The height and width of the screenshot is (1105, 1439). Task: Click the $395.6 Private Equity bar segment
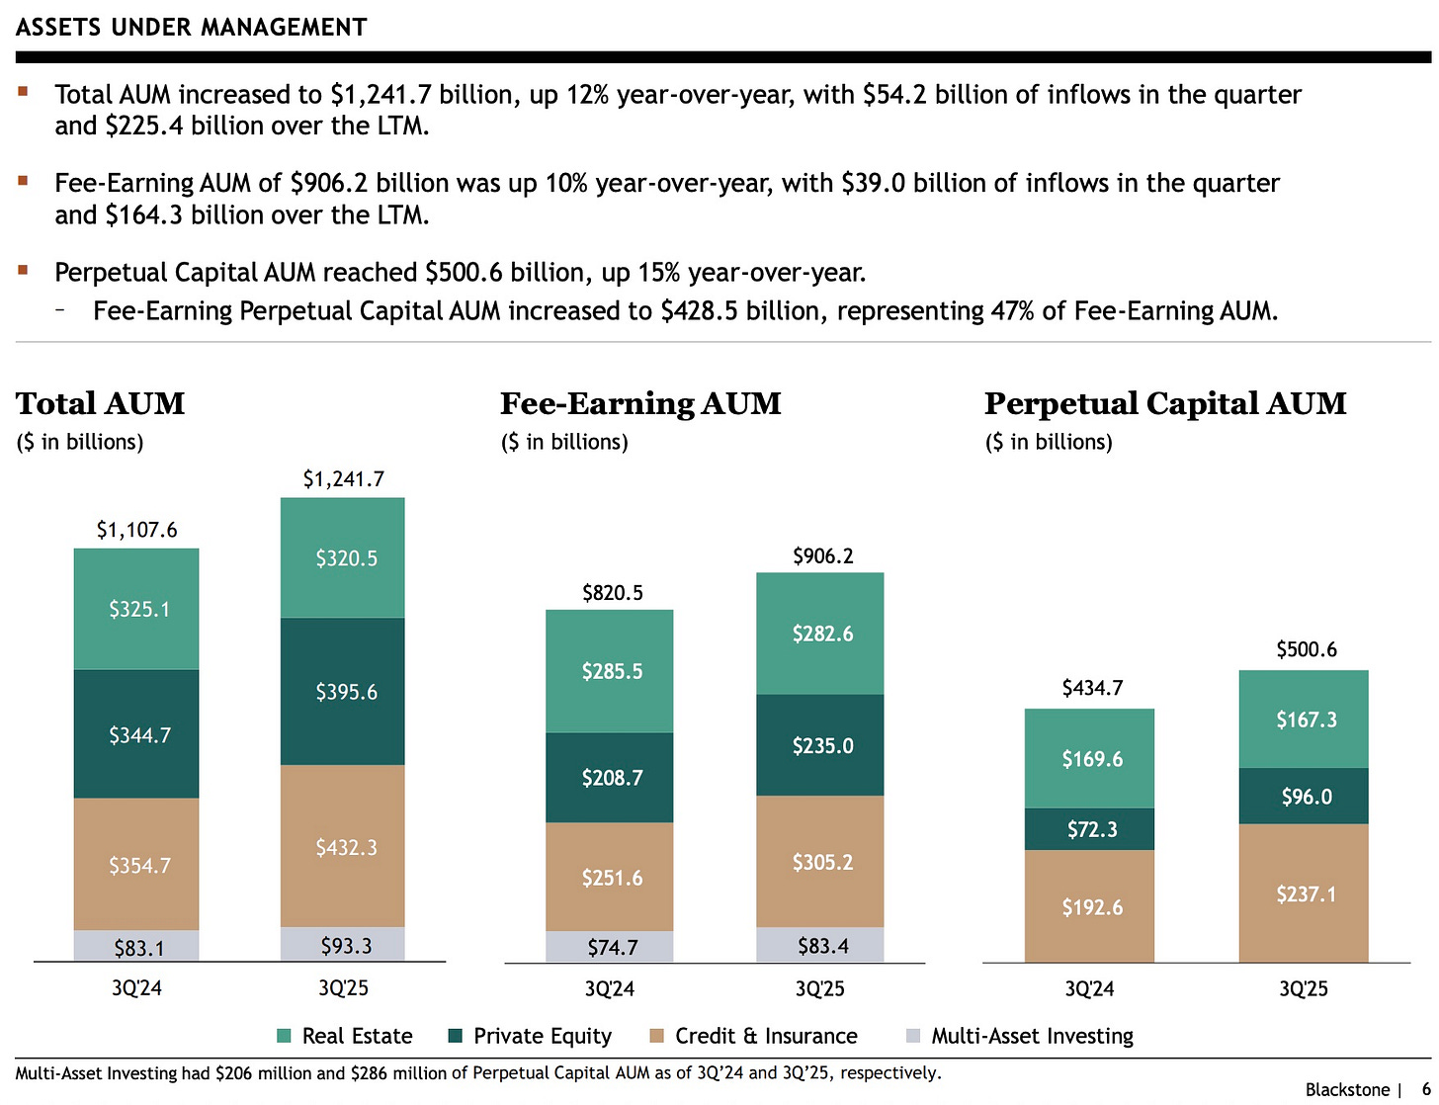coord(343,691)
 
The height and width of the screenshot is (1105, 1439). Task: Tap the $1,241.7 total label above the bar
coord(343,479)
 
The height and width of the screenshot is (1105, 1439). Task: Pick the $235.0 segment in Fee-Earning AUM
coord(820,745)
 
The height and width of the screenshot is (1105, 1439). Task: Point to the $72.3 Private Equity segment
coord(1090,829)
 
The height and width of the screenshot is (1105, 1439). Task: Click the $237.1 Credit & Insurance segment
coord(1305,893)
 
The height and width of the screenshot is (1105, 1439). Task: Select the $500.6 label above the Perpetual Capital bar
coord(1306,649)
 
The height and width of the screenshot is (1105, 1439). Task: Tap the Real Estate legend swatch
coord(285,1036)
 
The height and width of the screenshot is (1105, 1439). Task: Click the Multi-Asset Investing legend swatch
coord(913,1036)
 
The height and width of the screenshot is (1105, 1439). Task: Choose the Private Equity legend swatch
coord(456,1036)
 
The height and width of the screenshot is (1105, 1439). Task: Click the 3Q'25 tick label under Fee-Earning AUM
coord(819,988)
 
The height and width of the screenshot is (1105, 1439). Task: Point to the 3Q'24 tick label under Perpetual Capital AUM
coord(1089,988)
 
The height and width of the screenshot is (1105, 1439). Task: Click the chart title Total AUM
coord(101,403)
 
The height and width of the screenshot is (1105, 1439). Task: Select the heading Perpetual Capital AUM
coord(1165,403)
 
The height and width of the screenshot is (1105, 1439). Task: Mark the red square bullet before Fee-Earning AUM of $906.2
coord(23,181)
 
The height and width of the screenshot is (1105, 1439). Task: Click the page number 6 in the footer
coord(1426,1089)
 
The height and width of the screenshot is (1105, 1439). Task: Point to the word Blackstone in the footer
coord(1347,1089)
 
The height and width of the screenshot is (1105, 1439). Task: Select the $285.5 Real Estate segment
coord(611,671)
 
